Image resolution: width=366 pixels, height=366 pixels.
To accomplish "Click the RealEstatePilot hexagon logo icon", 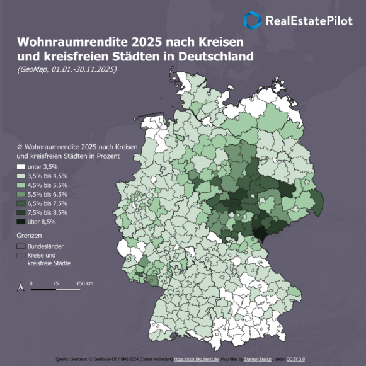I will [253, 20].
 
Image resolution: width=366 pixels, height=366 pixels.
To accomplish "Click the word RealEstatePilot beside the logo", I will [309, 20].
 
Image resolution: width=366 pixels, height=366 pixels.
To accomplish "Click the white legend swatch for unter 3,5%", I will [21, 166].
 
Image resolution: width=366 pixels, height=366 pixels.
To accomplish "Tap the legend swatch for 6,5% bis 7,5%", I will [21, 203].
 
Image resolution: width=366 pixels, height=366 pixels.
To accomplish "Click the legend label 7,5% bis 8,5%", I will [47, 212].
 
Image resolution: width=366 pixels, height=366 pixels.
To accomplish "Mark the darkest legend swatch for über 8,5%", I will [21, 222].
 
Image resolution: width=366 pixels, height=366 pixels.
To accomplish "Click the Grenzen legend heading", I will [29, 235].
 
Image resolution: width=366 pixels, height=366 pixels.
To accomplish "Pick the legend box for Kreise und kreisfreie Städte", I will [21, 256].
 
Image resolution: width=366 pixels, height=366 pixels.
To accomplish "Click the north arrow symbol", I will [20, 287].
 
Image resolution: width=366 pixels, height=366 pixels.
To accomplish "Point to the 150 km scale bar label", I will [85, 284].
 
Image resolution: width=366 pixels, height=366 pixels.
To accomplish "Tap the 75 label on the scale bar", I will [56, 284].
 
